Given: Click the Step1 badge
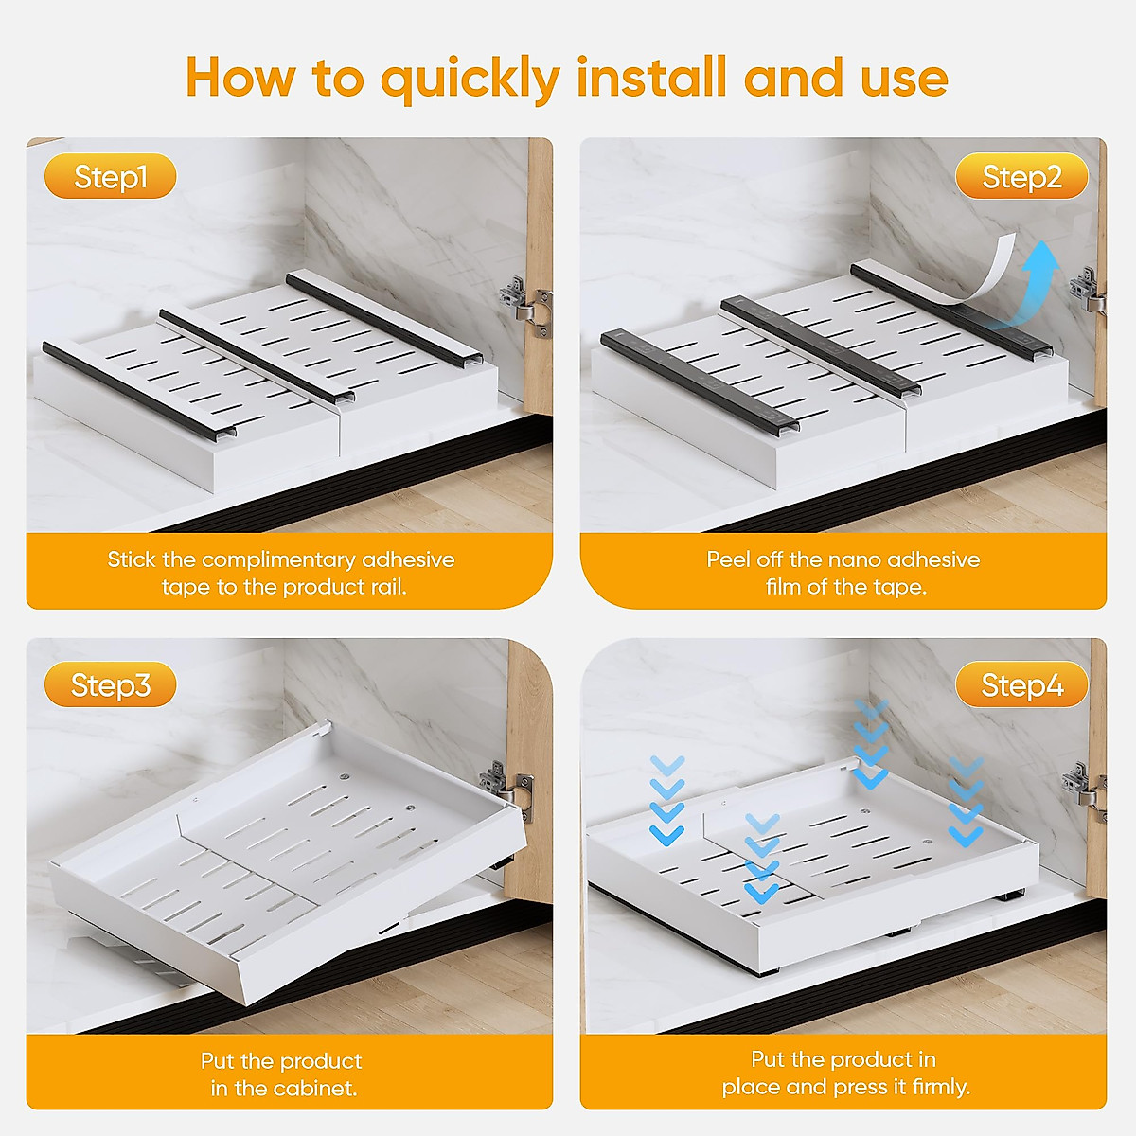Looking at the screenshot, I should click(111, 177).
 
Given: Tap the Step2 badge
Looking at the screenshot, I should click(1021, 177).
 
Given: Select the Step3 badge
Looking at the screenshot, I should click(111, 685).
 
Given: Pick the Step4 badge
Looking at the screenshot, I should click(1021, 685).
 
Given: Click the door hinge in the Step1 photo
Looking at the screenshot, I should click(524, 305).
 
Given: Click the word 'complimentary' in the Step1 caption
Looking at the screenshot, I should click(278, 560).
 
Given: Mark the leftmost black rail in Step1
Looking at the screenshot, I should click(137, 390).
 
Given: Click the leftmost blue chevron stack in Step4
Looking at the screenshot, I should click(667, 801).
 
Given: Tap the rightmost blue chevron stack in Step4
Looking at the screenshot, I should click(966, 803).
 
